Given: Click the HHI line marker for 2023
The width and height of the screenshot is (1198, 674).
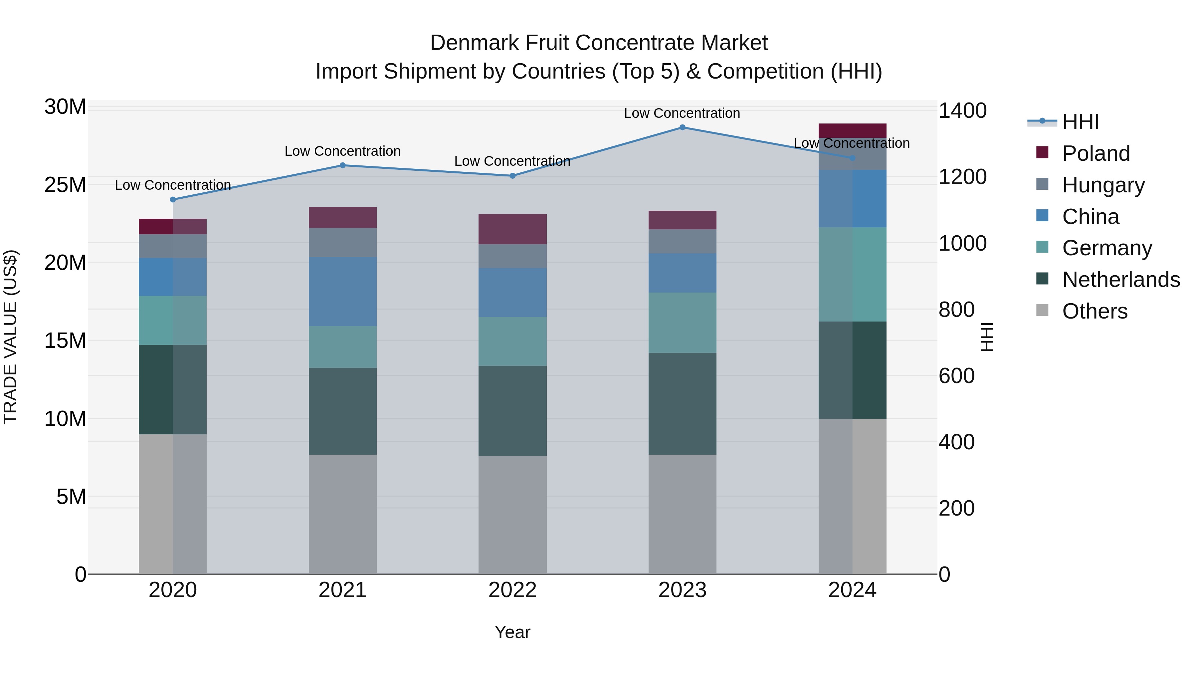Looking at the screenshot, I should coord(682,127).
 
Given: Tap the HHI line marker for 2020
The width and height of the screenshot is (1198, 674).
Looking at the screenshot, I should coord(173,200).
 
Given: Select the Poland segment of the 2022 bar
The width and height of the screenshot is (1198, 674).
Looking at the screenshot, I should coord(512,229).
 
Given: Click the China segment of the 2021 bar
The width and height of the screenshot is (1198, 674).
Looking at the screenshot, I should coord(343,292).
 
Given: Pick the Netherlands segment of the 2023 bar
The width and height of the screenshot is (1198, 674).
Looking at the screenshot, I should coord(682,404).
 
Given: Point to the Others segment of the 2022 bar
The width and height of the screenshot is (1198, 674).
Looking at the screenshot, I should coord(512,515).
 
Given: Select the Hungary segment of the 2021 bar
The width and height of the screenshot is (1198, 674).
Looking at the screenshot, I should coord(343,242).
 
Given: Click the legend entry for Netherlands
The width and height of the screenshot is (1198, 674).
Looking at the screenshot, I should coord(1121,280).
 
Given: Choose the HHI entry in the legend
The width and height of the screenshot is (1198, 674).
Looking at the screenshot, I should coord(1080,122).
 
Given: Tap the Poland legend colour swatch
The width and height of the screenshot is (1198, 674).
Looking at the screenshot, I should coord(1042,152).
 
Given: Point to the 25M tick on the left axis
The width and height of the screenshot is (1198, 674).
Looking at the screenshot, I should coord(65,185).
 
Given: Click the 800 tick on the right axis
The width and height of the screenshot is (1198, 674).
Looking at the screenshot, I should coord(956,310).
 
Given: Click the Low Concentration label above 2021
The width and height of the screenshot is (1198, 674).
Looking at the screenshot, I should coord(343,151).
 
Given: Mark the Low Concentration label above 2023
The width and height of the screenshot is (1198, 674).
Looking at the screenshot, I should coord(682,113).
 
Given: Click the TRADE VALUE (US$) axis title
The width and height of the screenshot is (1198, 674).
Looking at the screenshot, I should coord(11,337).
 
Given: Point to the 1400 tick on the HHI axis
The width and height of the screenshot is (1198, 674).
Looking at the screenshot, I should coord(962,111).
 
